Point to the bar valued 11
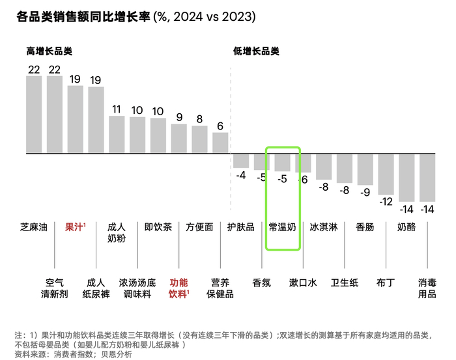click(117, 134)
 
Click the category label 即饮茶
click(158, 227)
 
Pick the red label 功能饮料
click(179, 288)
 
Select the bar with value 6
click(220, 143)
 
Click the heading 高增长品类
click(49, 51)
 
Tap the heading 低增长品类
click(256, 51)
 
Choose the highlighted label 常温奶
click(283, 227)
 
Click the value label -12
click(386, 201)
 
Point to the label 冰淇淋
click(323, 227)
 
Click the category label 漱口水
click(303, 283)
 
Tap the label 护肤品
click(241, 227)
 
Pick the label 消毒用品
click(427, 288)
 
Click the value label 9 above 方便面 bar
click(179, 118)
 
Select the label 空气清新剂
click(55, 288)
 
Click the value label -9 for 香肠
click(365, 192)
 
